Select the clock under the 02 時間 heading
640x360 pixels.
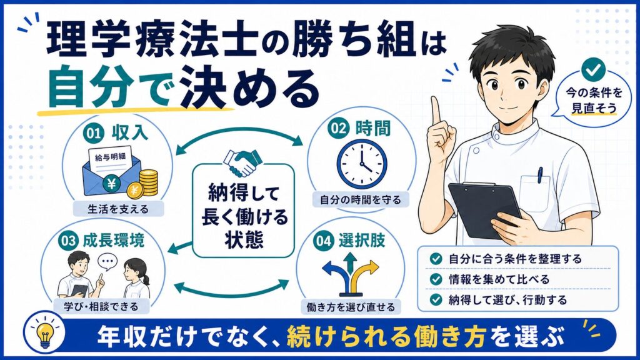point(362,164)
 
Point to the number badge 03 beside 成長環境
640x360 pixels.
point(69,241)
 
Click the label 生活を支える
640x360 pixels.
point(118,209)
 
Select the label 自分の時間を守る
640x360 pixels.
point(361,199)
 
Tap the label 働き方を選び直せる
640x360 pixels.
point(351,307)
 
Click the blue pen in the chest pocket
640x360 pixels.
point(540,175)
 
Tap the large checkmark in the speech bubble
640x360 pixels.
point(593,70)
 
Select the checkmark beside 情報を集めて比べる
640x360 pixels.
point(436,279)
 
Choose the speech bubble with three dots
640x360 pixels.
point(107,261)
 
